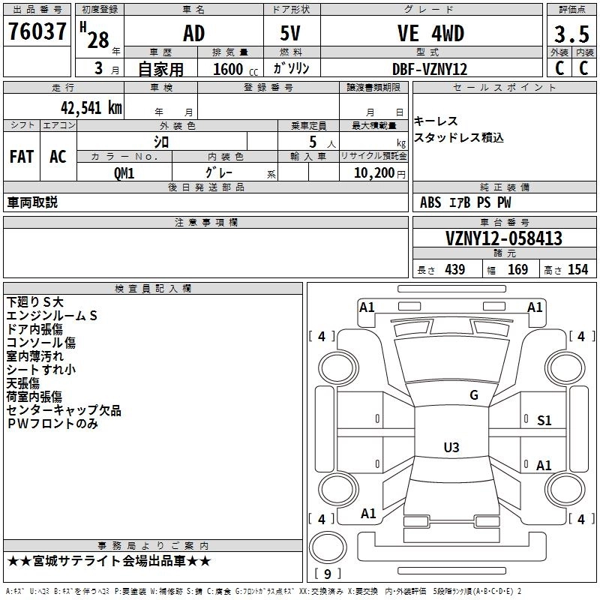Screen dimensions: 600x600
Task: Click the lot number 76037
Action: [x=37, y=33]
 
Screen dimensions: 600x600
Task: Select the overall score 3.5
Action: [x=570, y=34]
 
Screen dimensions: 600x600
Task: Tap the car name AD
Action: [x=193, y=34]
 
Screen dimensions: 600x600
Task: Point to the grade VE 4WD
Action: [x=430, y=34]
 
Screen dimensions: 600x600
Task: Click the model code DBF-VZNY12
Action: [x=430, y=69]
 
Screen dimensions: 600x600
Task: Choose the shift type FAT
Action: [x=21, y=157]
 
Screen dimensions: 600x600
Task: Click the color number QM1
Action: [x=124, y=173]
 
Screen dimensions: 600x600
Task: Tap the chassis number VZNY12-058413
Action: [x=503, y=239]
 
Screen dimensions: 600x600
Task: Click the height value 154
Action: [x=577, y=270]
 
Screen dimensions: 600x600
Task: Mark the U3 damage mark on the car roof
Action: [x=451, y=448]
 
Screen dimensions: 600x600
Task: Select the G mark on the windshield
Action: [x=473, y=395]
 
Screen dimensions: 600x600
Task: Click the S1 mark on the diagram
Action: [x=544, y=421]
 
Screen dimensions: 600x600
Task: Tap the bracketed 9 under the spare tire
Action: [x=327, y=574]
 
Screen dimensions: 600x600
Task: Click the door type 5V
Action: [x=292, y=34]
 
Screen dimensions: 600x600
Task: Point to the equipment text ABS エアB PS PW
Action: [x=465, y=202]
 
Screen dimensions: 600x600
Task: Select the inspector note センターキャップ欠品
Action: [x=64, y=410]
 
